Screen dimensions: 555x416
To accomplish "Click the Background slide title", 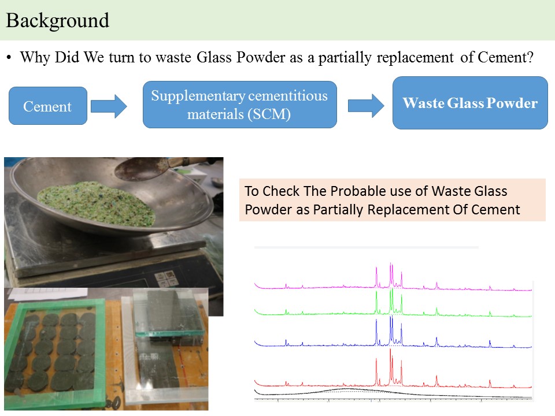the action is click(x=57, y=21).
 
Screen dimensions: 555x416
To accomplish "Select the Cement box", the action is click(x=48, y=106).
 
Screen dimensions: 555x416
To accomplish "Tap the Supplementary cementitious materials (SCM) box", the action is click(x=239, y=105).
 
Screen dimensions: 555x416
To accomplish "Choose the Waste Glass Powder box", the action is click(x=470, y=103).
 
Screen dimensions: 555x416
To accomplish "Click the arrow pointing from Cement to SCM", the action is click(x=109, y=106).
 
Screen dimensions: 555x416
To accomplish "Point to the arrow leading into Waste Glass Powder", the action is click(x=366, y=105).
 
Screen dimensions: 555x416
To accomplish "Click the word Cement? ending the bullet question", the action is click(x=505, y=57).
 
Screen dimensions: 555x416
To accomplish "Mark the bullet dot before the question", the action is click(x=9, y=58).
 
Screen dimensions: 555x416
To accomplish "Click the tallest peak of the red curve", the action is click(x=390, y=349).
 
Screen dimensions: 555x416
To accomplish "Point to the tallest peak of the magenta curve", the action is click(x=390, y=263).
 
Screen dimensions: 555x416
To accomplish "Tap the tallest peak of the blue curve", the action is click(x=390, y=317).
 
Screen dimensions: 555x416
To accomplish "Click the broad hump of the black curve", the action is click(x=347, y=389).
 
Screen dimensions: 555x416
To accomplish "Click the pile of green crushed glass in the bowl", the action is click(x=97, y=203).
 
